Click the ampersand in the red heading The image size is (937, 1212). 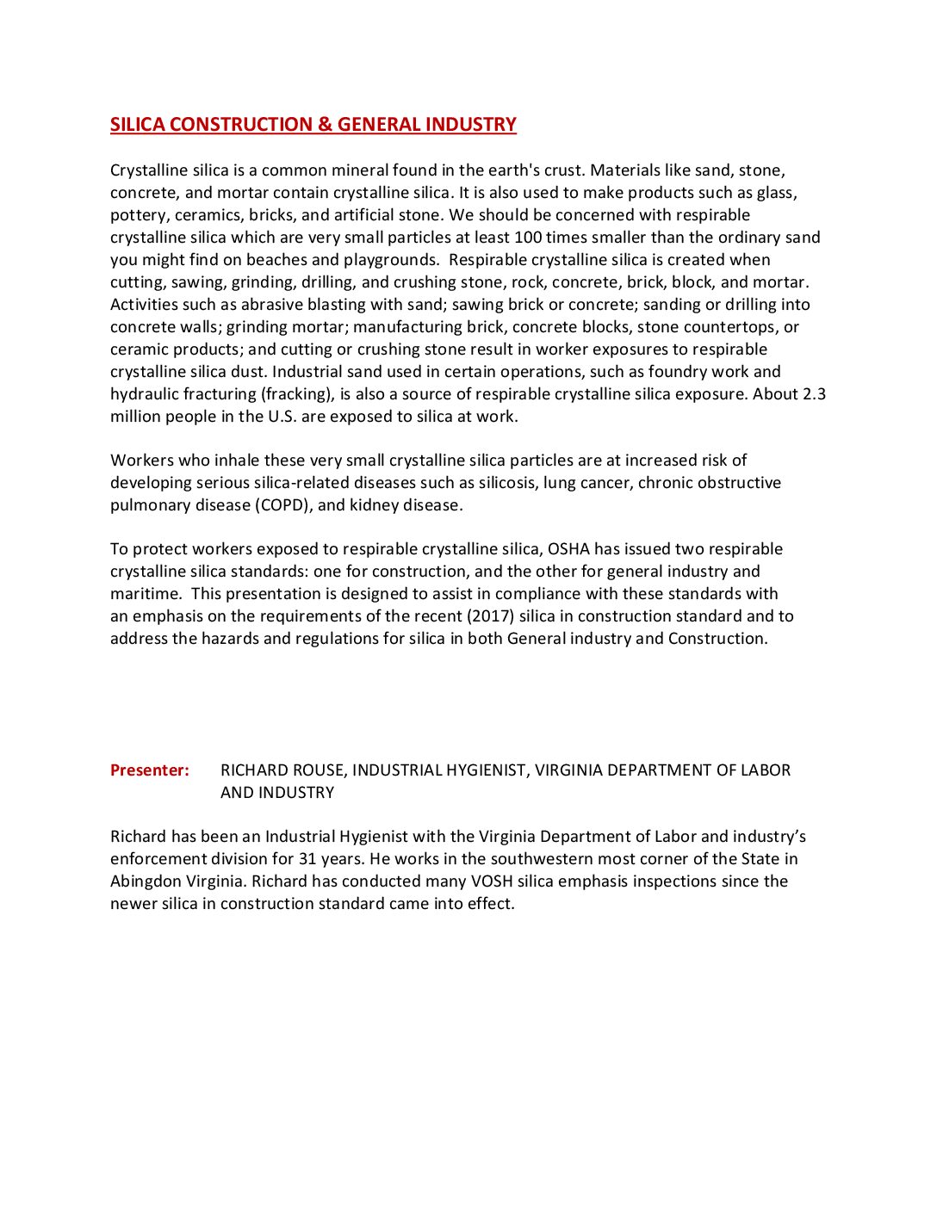coord(325,125)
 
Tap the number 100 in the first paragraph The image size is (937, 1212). coord(528,238)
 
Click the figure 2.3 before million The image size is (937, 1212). coord(814,394)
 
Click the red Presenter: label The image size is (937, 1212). coord(150,770)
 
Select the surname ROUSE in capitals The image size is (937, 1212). coord(320,770)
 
